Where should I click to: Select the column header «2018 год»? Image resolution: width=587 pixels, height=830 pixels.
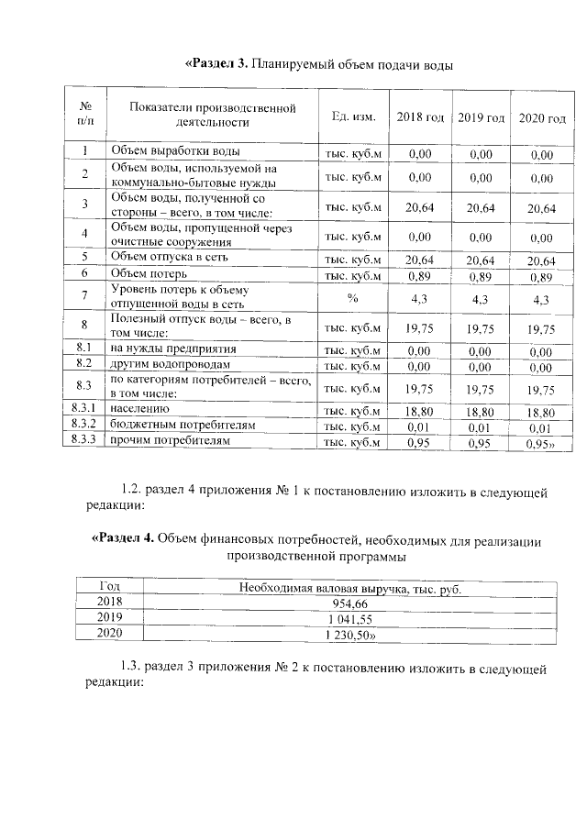[x=419, y=116]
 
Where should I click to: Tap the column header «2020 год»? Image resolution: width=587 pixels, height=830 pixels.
[x=542, y=117]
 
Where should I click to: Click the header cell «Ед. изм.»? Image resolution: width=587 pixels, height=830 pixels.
[x=352, y=116]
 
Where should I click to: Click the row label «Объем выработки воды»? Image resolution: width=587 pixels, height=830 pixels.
[x=175, y=150]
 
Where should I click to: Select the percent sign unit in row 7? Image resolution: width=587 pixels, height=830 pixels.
[x=352, y=297]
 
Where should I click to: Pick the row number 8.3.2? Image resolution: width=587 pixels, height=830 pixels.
[x=84, y=425]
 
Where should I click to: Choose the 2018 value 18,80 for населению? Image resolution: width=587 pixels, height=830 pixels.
[x=419, y=411]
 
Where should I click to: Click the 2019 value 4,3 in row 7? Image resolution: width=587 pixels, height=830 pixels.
[x=481, y=299]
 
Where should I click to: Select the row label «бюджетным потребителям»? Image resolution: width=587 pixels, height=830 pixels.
[x=182, y=426]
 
